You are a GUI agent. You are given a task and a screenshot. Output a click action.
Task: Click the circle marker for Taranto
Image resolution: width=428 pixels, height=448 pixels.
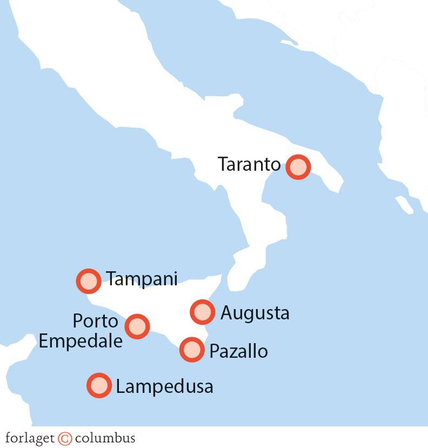coord(298,166)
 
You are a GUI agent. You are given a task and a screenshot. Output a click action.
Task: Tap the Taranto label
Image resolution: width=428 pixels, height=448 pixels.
coord(249,164)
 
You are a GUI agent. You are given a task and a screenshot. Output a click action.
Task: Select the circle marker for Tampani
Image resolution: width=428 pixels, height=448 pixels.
coord(89,281)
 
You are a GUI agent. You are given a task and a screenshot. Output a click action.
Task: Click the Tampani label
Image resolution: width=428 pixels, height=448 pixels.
coord(142,279)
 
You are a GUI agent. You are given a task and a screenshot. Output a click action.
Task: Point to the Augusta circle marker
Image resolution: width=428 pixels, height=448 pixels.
coord(202,312)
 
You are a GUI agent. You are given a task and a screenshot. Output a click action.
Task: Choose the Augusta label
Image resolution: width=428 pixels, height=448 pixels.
coord(255,313)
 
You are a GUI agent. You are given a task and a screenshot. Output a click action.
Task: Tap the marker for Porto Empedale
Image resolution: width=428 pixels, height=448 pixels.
coord(137,326)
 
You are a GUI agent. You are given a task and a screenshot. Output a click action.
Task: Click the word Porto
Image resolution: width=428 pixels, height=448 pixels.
coord(96,321)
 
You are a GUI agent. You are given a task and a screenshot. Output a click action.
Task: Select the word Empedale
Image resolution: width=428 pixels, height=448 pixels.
coord(81,341)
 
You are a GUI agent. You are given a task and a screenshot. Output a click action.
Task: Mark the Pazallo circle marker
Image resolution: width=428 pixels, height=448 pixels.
coord(192,350)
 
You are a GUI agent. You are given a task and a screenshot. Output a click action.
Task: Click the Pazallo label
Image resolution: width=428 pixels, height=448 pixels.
coord(238,351)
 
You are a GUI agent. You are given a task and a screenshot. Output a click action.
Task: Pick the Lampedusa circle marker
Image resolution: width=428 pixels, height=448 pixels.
coord(99,386)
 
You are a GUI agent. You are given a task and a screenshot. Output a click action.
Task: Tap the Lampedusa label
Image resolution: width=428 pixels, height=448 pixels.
coord(164,386)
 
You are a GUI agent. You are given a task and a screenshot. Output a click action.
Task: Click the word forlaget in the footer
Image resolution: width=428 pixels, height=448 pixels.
coord(30,437)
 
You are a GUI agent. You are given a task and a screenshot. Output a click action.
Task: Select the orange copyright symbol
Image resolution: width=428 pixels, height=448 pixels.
coord(65,437)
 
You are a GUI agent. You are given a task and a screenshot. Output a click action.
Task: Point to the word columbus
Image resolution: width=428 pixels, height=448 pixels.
coord(105,437)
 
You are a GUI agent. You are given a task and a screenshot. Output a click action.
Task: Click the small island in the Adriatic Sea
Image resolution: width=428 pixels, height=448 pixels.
coord(403,204)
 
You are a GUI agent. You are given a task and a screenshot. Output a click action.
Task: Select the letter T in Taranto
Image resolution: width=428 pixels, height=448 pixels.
coord(224,164)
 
